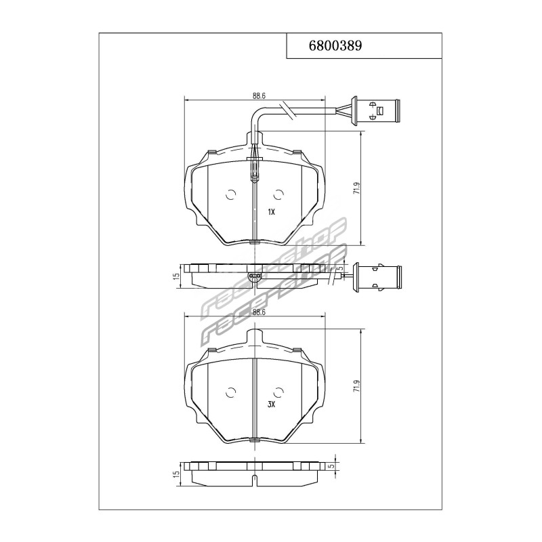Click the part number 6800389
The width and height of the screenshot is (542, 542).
[335, 45]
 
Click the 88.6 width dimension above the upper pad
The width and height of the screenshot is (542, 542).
[259, 96]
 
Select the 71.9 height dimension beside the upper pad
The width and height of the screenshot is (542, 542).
[356, 188]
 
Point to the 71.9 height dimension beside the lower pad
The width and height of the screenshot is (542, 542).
[356, 386]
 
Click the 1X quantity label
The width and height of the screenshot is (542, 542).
[271, 213]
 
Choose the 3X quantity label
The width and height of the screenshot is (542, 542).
[271, 404]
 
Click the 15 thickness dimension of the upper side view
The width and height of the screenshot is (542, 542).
[177, 276]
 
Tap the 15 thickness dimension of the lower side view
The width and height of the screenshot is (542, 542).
[177, 474]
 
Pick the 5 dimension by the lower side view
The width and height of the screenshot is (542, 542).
[332, 466]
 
